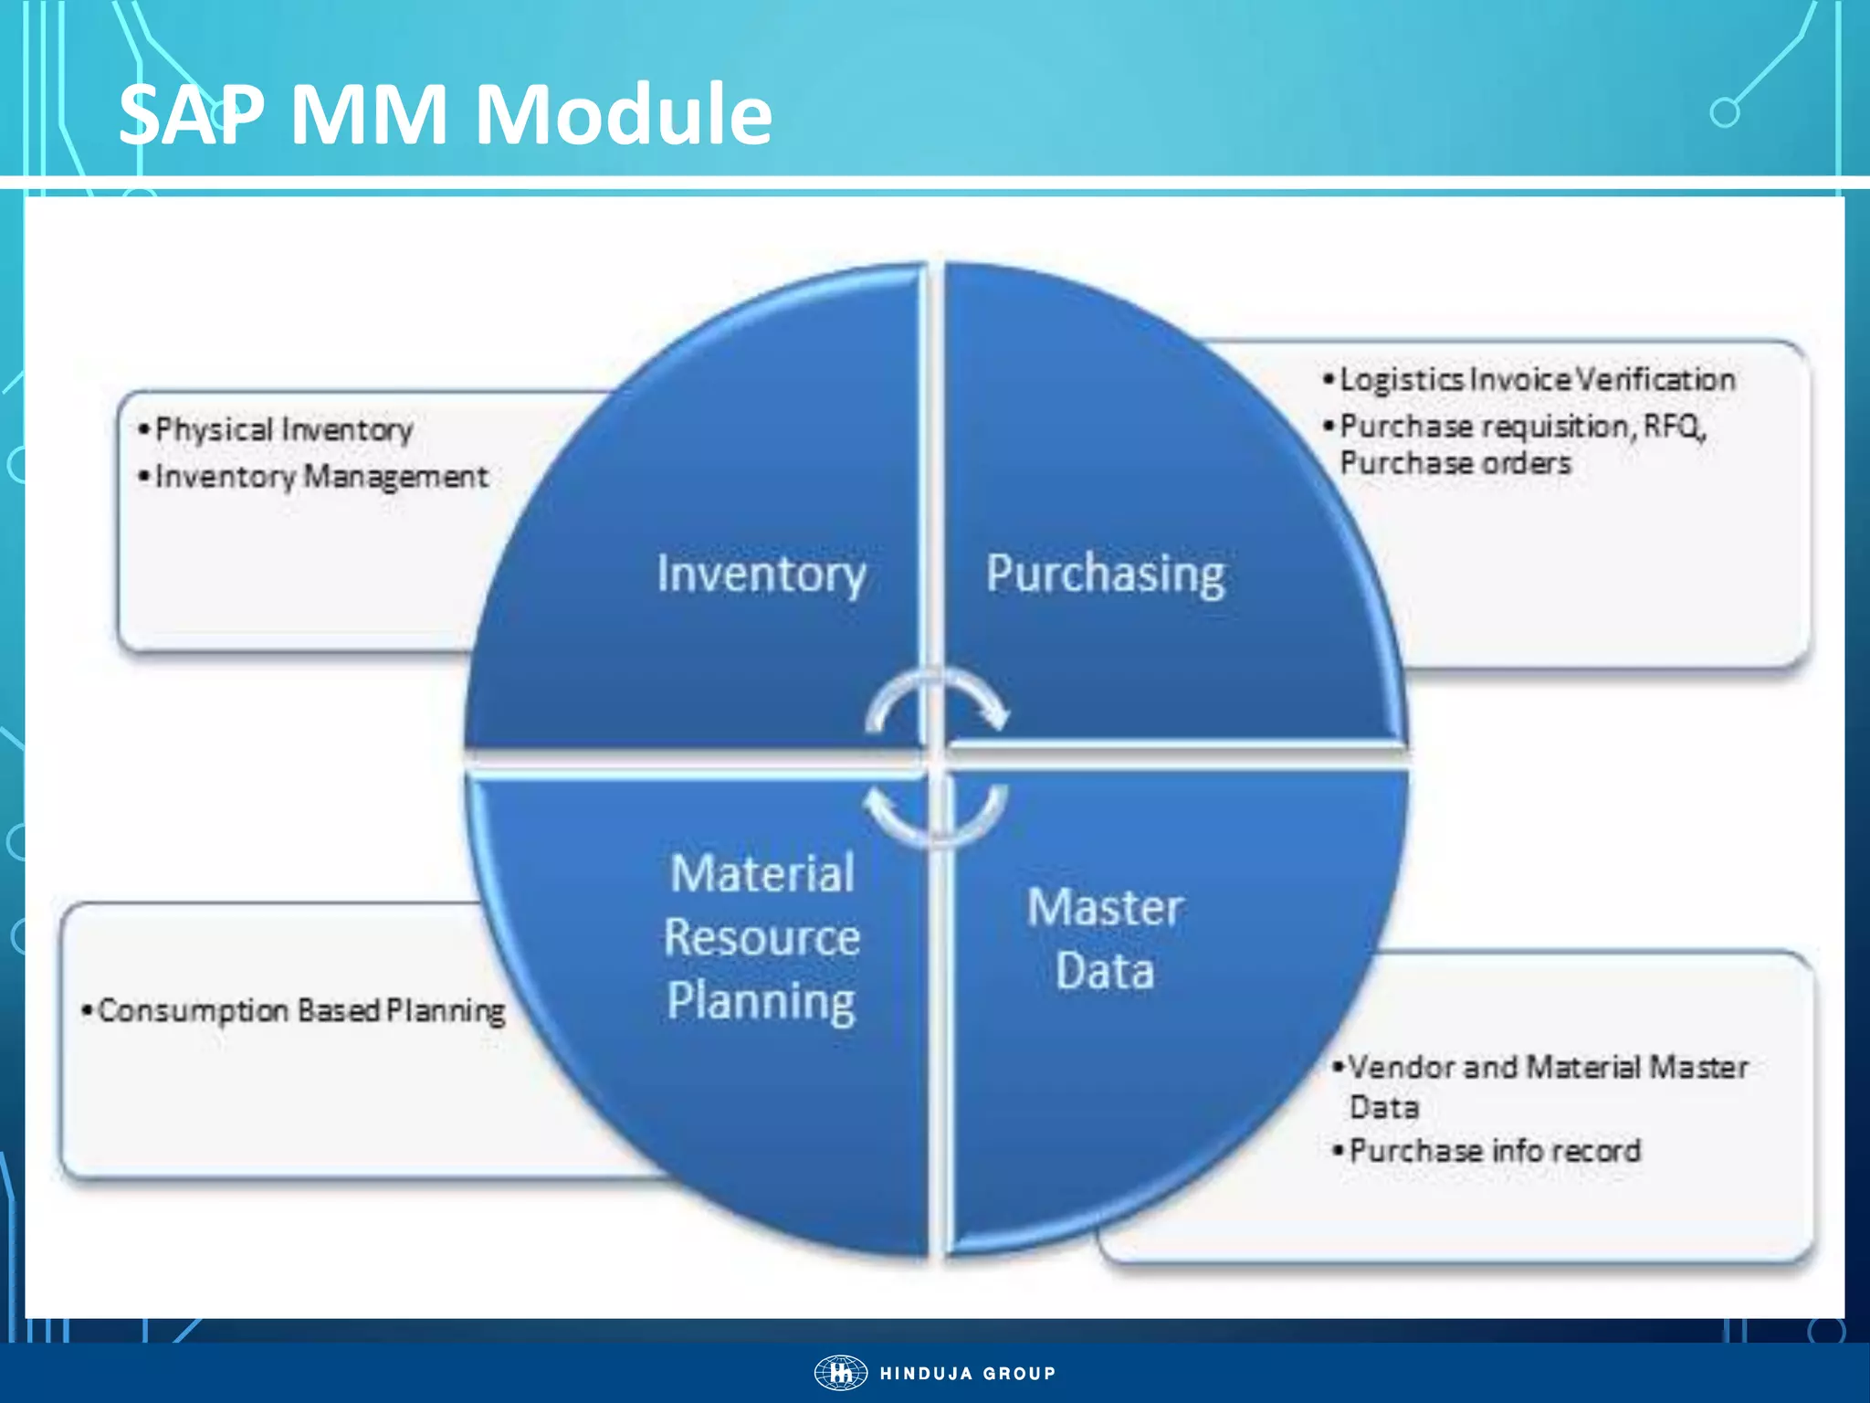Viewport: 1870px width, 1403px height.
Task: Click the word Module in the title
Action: click(x=623, y=115)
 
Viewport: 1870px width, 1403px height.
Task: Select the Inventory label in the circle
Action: click(x=761, y=575)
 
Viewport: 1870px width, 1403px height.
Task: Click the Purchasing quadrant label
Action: click(x=1105, y=575)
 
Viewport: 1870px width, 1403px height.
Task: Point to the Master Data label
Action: click(x=1105, y=939)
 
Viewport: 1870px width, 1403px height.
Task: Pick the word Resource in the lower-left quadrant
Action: click(x=762, y=938)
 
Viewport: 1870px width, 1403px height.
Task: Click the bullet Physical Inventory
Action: click(x=283, y=429)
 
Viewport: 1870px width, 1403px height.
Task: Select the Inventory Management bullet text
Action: click(x=321, y=476)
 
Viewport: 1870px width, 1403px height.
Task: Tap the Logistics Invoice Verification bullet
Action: click(x=1537, y=380)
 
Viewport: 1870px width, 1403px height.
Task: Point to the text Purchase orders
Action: click(x=1455, y=463)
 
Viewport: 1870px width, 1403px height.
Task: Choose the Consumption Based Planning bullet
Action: click(x=300, y=1010)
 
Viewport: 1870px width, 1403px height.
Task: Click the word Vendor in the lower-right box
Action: click(x=1402, y=1067)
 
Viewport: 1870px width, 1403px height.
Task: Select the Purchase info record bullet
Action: click(x=1495, y=1151)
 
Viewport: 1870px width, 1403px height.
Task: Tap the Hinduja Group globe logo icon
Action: click(x=840, y=1373)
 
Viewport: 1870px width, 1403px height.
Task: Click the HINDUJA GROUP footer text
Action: click(x=968, y=1374)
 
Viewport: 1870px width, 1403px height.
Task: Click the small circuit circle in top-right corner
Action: click(x=1724, y=113)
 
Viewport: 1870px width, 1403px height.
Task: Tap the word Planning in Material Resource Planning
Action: click(x=761, y=1002)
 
